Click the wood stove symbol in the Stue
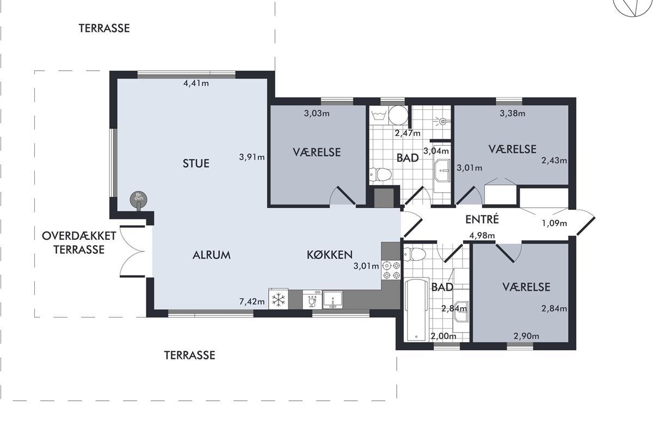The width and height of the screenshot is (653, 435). click(x=138, y=201)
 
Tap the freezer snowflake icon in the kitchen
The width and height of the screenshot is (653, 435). click(x=279, y=300)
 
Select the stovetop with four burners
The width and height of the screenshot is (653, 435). click(x=391, y=270)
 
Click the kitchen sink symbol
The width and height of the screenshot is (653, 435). click(x=332, y=300)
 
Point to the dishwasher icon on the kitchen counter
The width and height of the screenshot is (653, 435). click(x=312, y=300)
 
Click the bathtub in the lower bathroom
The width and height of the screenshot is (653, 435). click(x=416, y=309)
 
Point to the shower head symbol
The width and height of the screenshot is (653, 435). click(x=442, y=120)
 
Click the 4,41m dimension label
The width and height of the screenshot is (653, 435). click(x=196, y=83)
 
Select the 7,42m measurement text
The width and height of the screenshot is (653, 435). click(x=252, y=302)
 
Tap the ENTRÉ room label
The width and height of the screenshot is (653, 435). click(x=482, y=219)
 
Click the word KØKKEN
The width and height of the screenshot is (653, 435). click(x=330, y=254)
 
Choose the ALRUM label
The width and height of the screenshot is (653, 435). click(x=212, y=255)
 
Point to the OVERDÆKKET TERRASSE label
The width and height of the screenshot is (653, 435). click(x=79, y=243)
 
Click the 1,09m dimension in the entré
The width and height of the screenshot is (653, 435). click(x=555, y=223)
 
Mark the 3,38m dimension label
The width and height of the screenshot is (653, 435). click(x=513, y=113)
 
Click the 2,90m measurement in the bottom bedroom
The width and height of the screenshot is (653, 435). click(x=526, y=336)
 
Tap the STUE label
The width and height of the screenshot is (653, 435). click(x=196, y=163)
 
